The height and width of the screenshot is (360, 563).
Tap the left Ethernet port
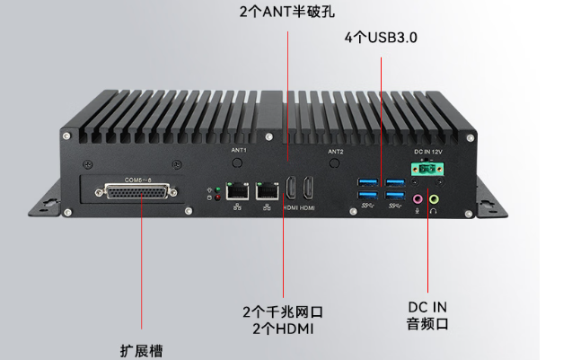pyautogui.click(x=238, y=190)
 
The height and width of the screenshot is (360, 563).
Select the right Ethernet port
pyautogui.click(x=266, y=190)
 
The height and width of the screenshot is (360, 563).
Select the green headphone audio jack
pyautogui.click(x=435, y=198)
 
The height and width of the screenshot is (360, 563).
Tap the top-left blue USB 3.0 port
pyautogui.click(x=367, y=184)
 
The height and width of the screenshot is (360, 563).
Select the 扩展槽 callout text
pyautogui.click(x=143, y=349)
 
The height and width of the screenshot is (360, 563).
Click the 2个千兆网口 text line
pyautogui.click(x=282, y=312)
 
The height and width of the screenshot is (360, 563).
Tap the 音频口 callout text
pyautogui.click(x=427, y=324)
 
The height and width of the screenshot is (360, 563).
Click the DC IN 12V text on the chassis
pyautogui.click(x=427, y=153)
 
